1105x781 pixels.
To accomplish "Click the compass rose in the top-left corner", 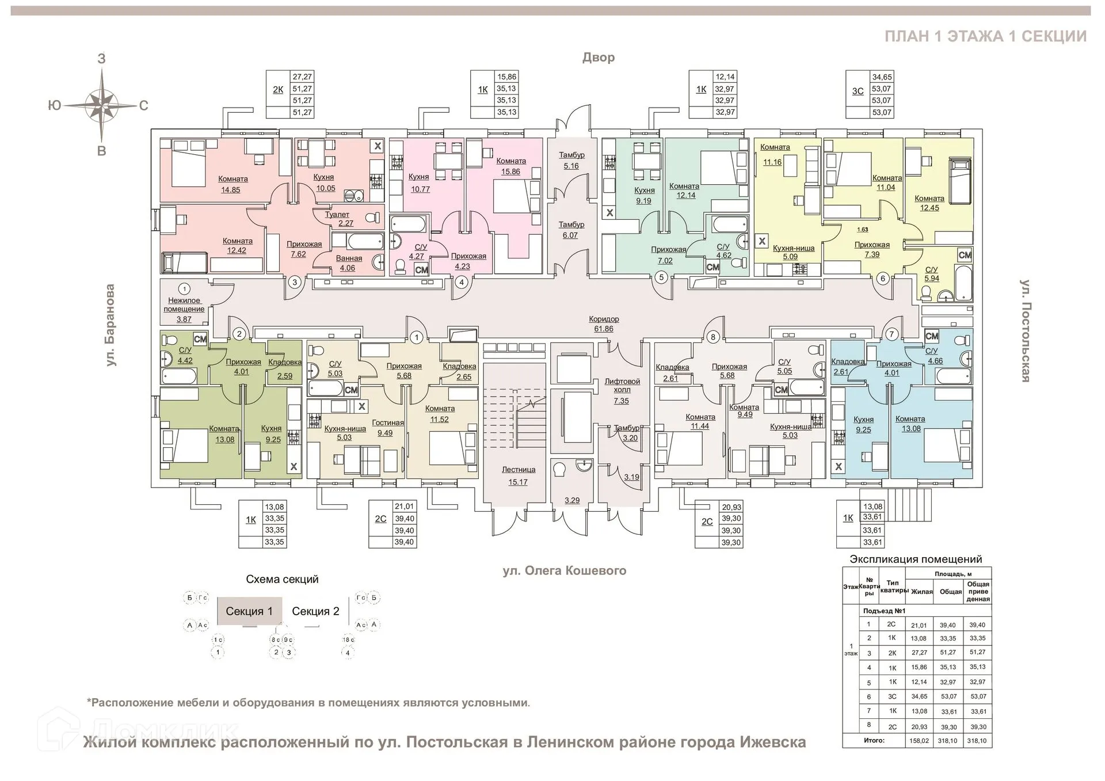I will pos(102,105).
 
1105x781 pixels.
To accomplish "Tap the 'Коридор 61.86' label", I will pos(604,324).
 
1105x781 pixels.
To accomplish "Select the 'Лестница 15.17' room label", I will pos(518,476).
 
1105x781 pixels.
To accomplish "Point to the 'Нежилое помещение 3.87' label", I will pos(184,310).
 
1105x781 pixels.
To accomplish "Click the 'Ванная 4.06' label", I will pos(349,263).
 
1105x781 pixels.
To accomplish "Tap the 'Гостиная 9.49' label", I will pos(387,428).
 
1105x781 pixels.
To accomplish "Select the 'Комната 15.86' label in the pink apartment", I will pos(510,166).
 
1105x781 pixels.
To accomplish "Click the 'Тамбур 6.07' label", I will pos(571,230).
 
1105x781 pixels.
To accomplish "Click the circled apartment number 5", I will pos(661,277).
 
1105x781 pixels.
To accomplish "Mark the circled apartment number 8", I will pos(713,337).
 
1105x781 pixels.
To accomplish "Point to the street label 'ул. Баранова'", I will pos(110,325).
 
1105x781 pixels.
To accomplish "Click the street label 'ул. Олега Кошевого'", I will pos(564,571).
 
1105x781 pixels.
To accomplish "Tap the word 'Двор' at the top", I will pos(599,58).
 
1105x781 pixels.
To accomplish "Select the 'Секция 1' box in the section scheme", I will pos(249,611).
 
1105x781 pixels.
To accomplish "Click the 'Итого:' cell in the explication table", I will pos(874,741).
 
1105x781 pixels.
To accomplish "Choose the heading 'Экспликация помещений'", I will pos(916,559).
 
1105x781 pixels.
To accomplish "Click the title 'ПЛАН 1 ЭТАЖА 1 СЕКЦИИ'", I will pos(985,36).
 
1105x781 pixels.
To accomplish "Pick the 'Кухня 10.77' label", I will pos(419,183).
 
